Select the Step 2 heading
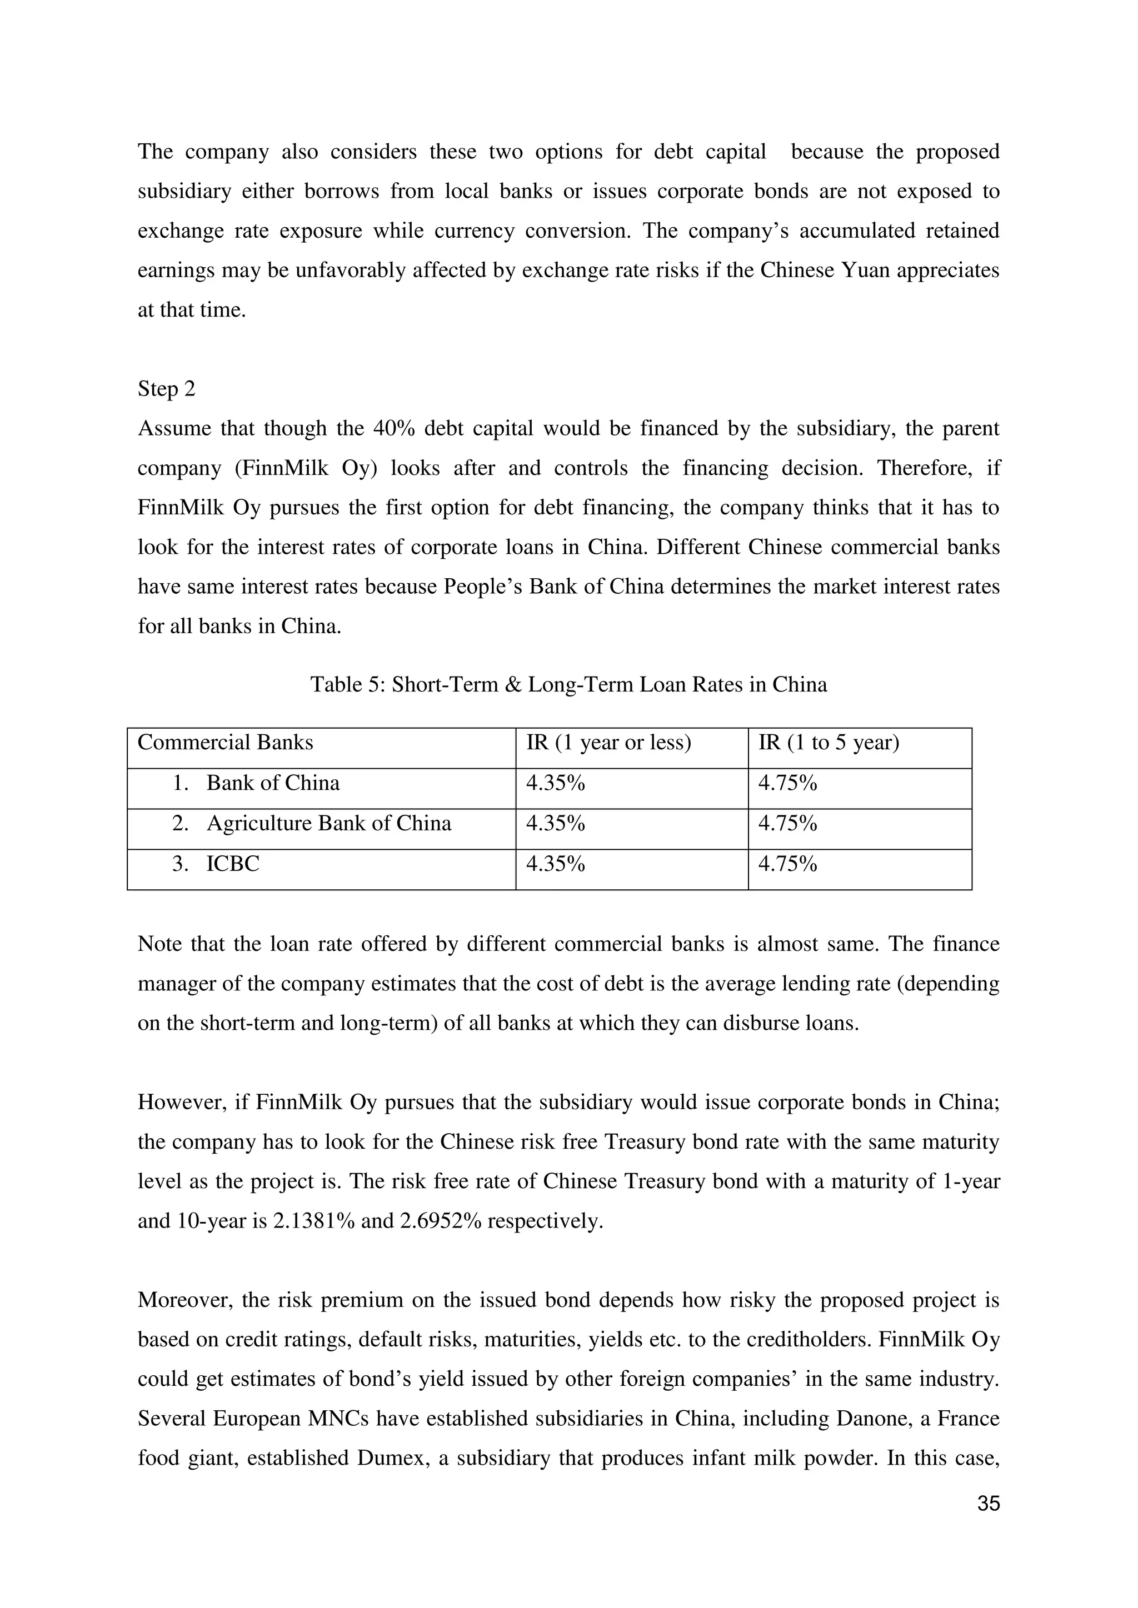click(x=166, y=389)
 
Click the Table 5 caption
click(x=568, y=684)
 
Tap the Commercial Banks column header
click(x=225, y=743)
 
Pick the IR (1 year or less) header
click(x=608, y=743)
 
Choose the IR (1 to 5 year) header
click(x=828, y=743)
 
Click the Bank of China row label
click(x=273, y=783)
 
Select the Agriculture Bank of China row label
click(x=328, y=824)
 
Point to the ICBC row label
click(x=233, y=864)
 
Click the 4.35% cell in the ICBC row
click(x=555, y=864)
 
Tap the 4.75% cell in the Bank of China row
click(x=787, y=783)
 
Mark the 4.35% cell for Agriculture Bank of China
click(x=555, y=824)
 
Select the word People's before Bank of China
click(x=483, y=586)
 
